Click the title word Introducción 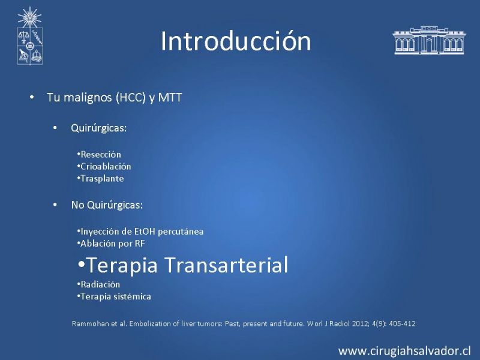[x=236, y=41]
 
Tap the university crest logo [x=29, y=36]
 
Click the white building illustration [x=429, y=40]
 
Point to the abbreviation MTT [x=170, y=98]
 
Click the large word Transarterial [x=227, y=265]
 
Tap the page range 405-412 [x=402, y=324]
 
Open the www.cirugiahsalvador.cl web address [x=404, y=351]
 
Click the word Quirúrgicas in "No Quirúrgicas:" [x=115, y=205]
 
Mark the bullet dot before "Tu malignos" [x=32, y=97]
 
